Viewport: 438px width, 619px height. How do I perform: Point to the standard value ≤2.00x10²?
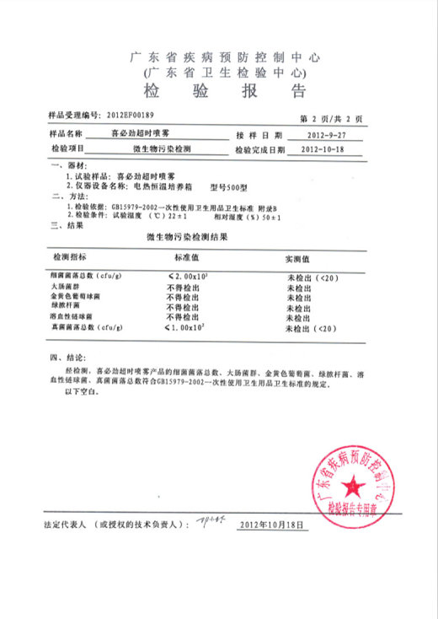pos(195,277)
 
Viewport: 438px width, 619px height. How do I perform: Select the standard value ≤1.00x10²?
pos(195,327)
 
